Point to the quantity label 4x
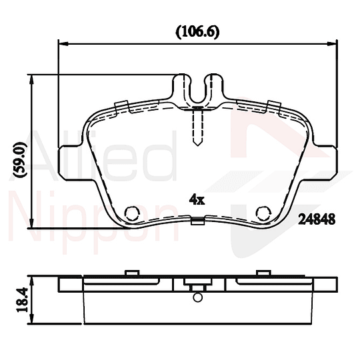coord(195,199)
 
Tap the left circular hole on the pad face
coord(132,213)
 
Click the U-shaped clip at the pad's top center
coord(197,89)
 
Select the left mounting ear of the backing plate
coord(71,158)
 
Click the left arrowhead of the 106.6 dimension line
coord(63,44)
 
